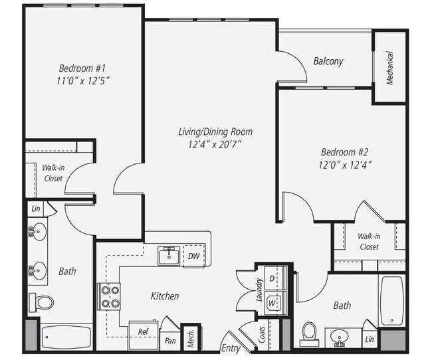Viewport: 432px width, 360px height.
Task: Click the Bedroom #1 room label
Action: coord(82,68)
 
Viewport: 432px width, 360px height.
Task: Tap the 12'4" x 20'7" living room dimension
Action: coord(210,143)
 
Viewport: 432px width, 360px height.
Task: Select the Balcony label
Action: coord(328,61)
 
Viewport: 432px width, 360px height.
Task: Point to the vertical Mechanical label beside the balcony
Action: coord(390,68)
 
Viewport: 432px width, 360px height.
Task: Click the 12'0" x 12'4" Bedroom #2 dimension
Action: coord(345,163)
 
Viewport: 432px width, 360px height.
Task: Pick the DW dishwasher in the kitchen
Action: coord(193,256)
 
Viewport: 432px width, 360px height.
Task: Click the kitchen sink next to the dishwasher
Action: coord(169,255)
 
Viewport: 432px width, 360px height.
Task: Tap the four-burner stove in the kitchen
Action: coord(109,296)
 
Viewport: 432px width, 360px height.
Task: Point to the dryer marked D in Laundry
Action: coord(272,277)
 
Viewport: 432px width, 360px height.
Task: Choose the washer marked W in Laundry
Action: coord(272,302)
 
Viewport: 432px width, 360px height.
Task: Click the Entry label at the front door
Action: coord(231,348)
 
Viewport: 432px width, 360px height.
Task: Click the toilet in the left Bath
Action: coord(43,302)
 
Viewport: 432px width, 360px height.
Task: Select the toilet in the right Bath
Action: coord(309,331)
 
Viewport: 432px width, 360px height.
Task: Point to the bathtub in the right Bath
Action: coord(391,299)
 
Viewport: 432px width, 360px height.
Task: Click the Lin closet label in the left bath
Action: coord(35,209)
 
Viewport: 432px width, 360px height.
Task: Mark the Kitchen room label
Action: coord(164,296)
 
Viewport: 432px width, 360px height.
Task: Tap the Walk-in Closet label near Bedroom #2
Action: coord(369,241)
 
